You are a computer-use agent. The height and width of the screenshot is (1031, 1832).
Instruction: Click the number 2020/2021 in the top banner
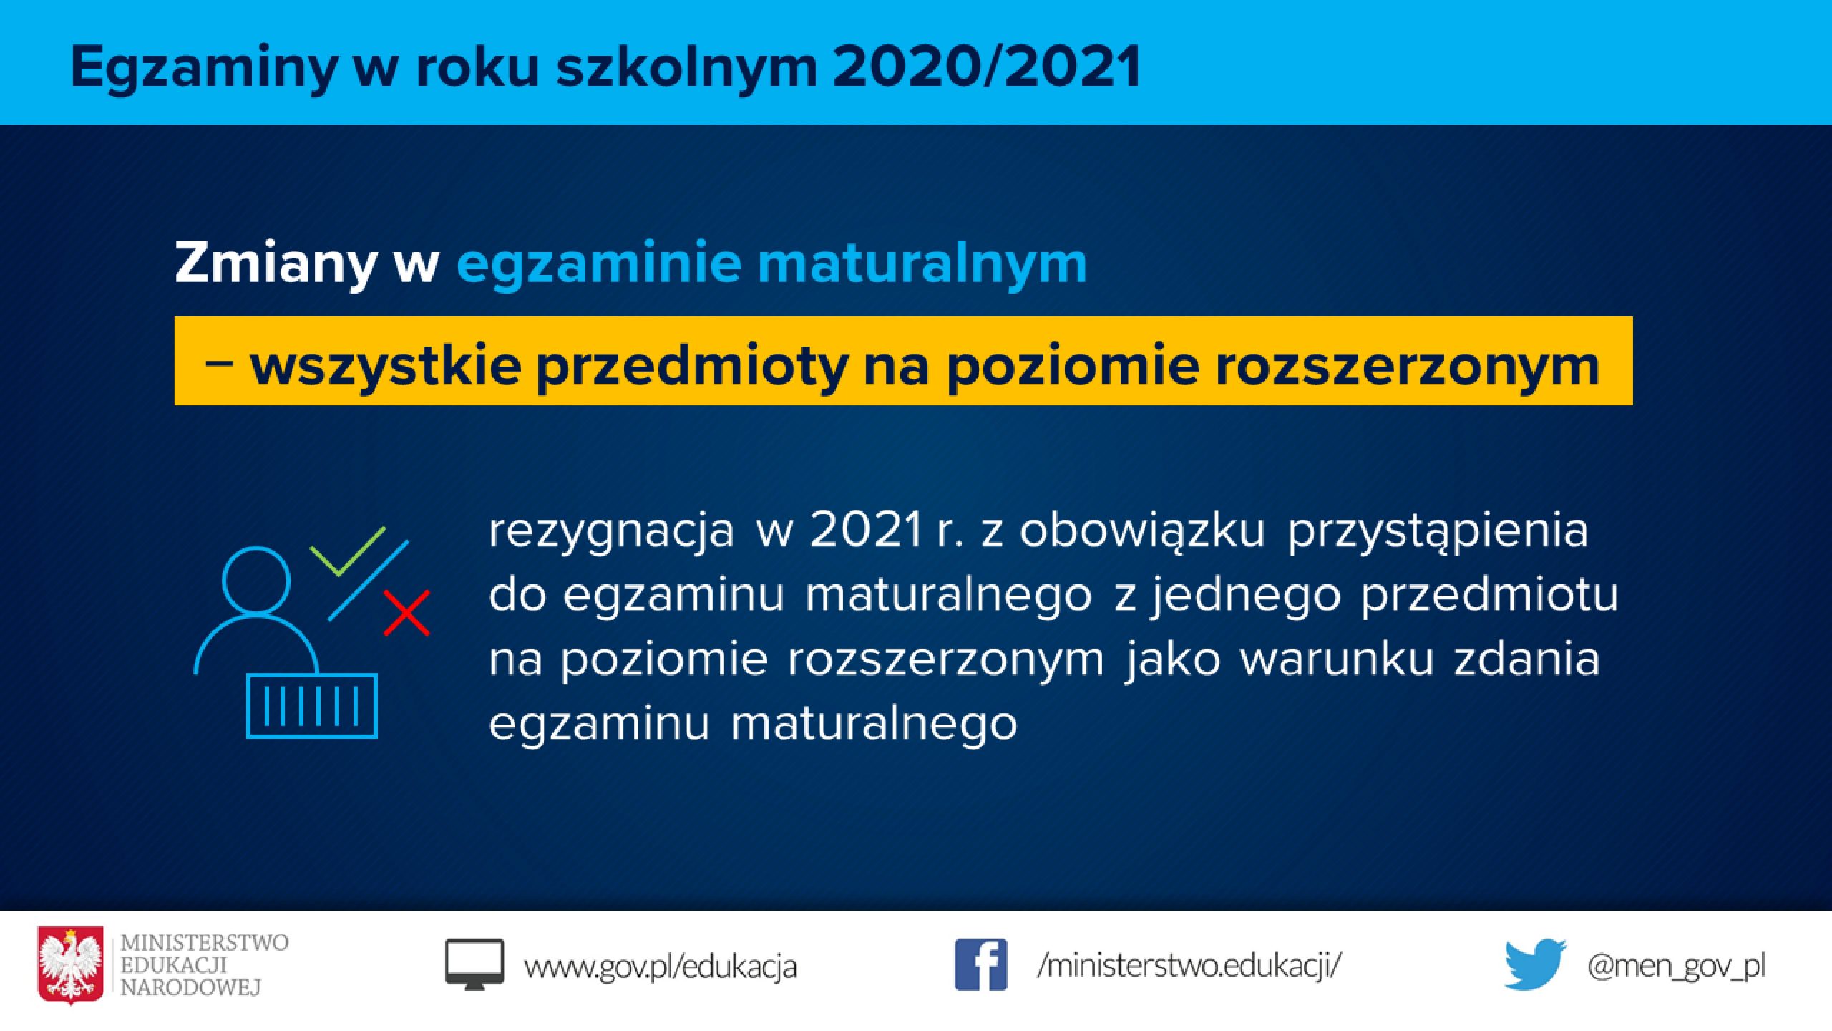987,67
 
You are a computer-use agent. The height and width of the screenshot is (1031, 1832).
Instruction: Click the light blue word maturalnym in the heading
922,263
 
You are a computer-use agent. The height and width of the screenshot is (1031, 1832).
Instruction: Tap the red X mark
406,613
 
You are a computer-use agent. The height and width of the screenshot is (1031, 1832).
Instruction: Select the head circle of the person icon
256,581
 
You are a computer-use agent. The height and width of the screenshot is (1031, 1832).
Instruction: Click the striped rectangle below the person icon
311,705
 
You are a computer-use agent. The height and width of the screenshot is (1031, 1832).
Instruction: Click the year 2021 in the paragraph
867,530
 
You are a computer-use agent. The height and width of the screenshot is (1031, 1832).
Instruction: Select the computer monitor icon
474,965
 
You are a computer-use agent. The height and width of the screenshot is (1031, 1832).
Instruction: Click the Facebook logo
980,965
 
